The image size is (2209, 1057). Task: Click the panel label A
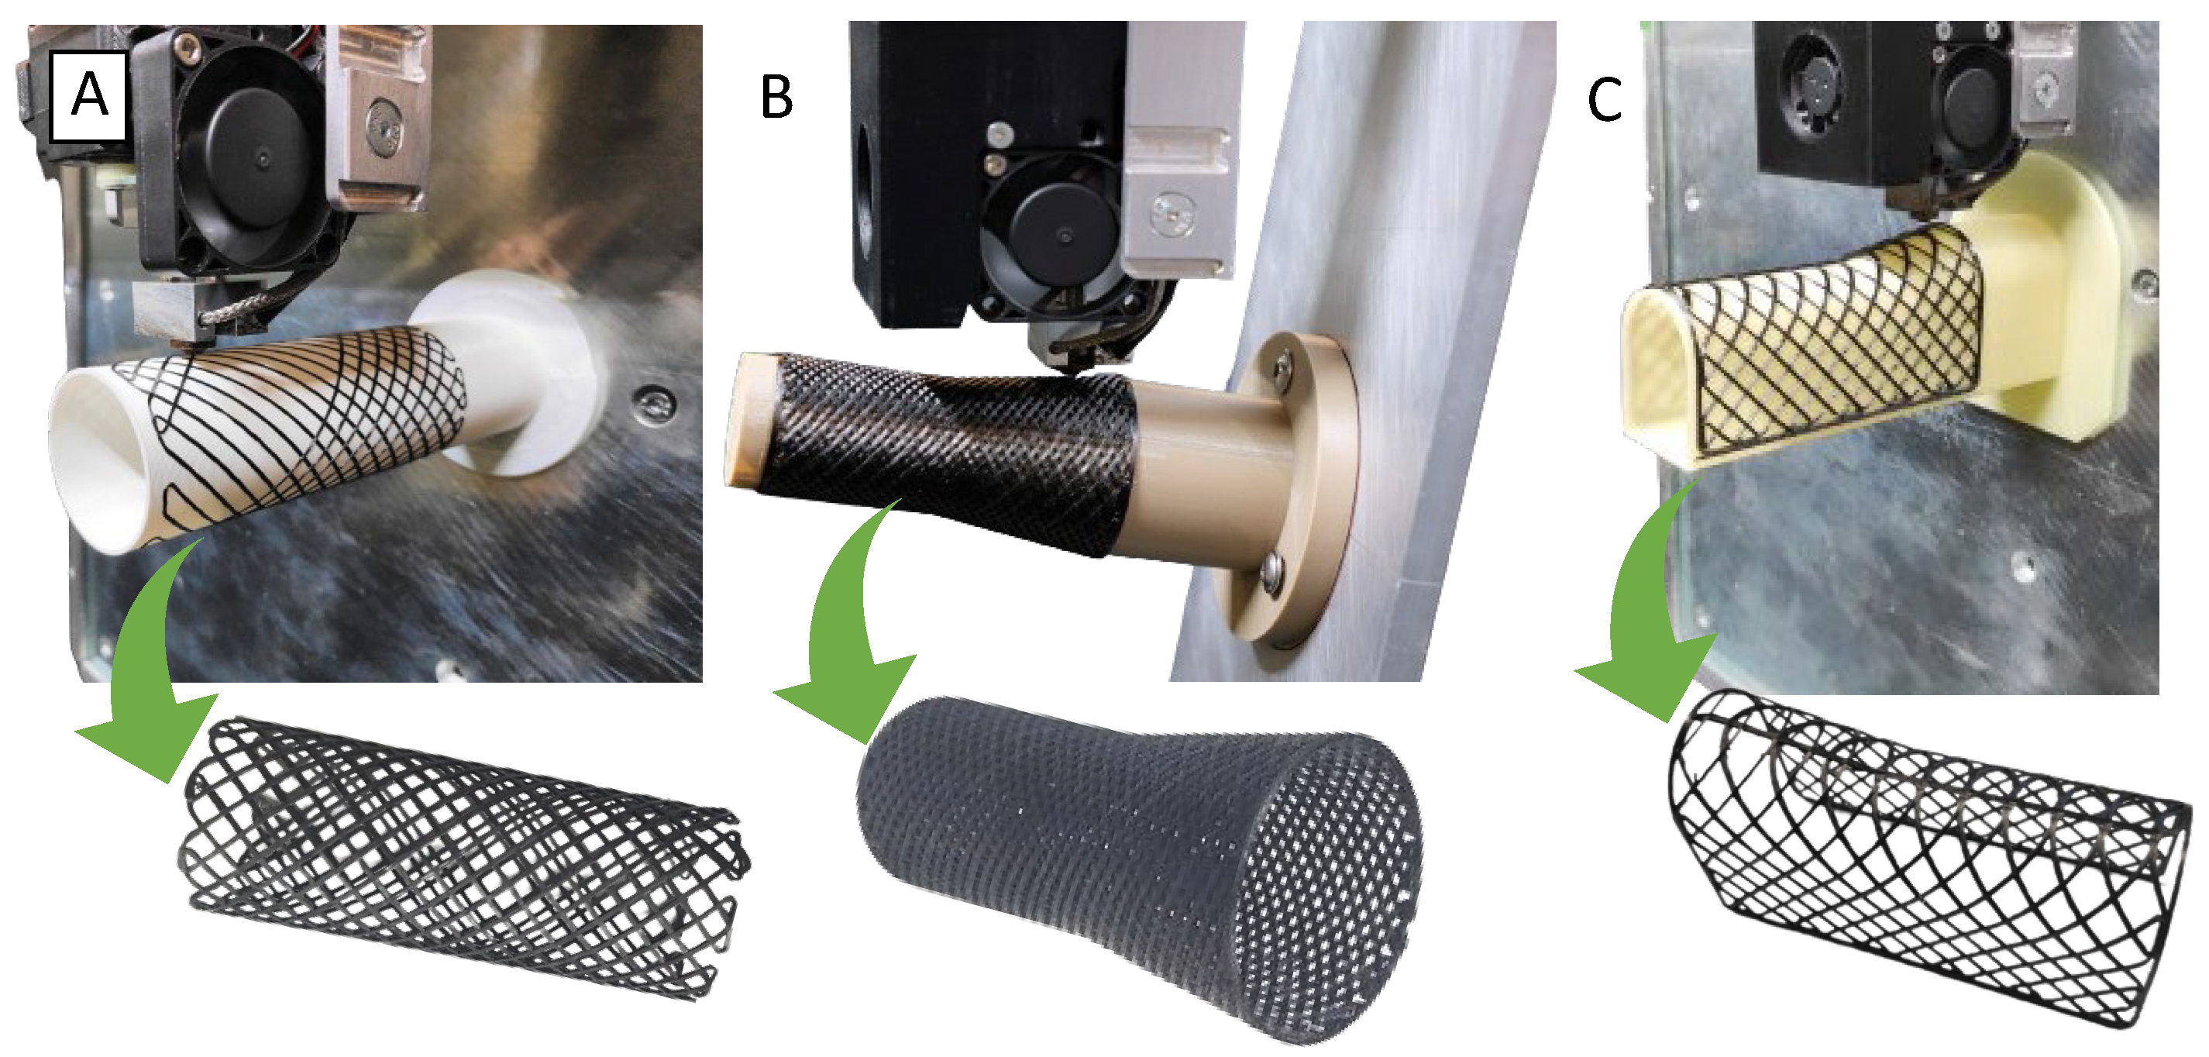(90, 95)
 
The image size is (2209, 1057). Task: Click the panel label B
(777, 97)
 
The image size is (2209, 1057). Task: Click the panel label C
(1604, 98)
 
